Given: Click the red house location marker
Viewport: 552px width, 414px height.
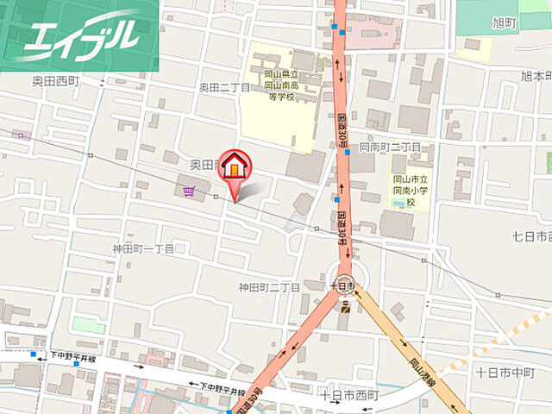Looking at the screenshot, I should click(x=232, y=166).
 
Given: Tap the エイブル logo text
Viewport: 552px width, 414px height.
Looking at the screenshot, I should click(x=82, y=36).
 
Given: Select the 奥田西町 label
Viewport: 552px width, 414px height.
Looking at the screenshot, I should click(x=57, y=79).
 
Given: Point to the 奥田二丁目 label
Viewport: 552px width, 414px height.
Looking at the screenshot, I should click(x=224, y=87).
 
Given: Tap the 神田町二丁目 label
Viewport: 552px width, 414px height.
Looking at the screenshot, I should click(x=270, y=286).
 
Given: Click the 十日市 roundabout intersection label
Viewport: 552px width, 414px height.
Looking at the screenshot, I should click(x=342, y=282).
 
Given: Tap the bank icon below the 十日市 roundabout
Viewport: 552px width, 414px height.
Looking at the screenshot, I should click(x=345, y=306).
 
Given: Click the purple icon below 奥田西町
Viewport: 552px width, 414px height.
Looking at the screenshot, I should click(x=21, y=135).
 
